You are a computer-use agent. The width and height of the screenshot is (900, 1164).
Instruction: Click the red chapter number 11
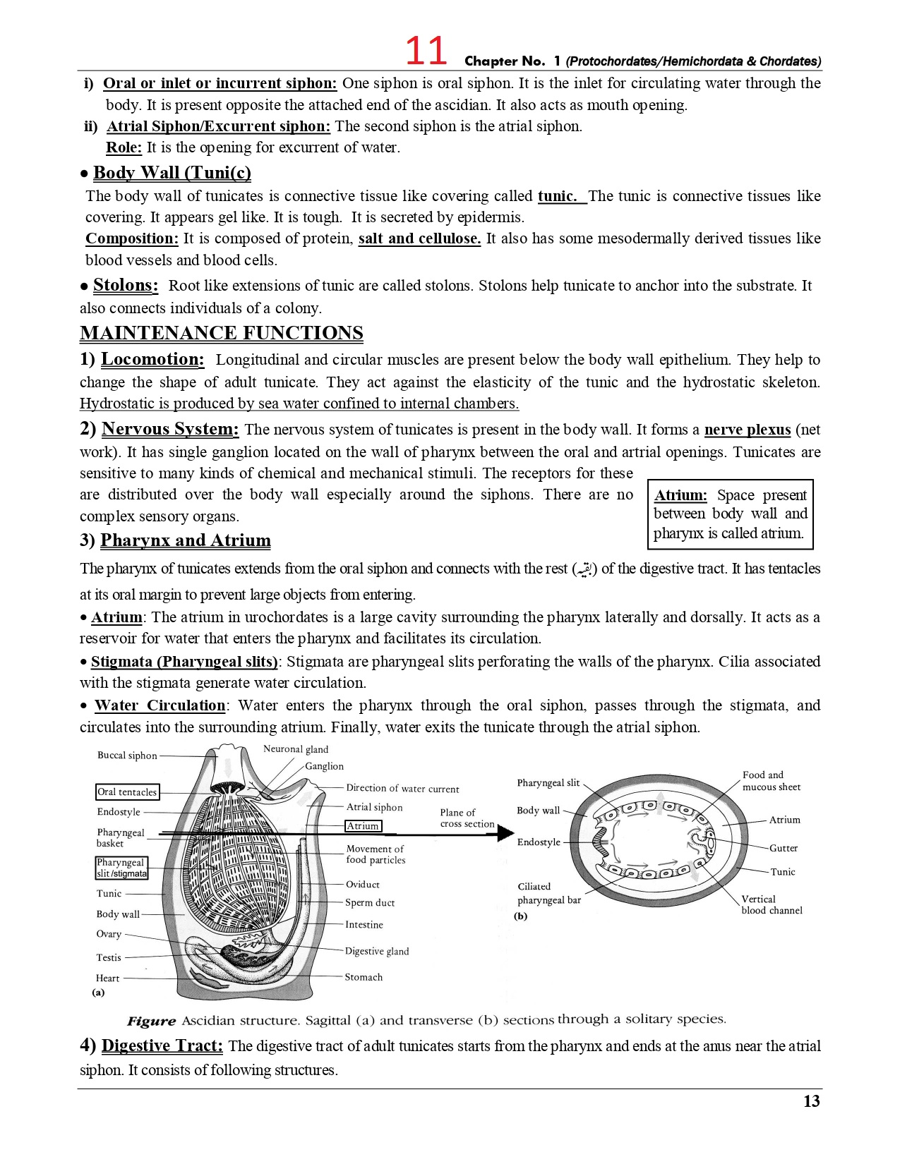[x=426, y=51]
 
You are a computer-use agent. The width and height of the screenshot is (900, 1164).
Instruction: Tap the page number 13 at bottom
[x=811, y=1101]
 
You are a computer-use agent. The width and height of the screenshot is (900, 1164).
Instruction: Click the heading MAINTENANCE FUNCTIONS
[x=221, y=333]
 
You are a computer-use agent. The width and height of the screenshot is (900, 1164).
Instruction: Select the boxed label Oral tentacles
[x=127, y=792]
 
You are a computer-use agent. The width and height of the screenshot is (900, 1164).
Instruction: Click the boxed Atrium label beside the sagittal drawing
[x=363, y=826]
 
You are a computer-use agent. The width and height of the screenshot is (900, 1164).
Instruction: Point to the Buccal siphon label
[x=127, y=756]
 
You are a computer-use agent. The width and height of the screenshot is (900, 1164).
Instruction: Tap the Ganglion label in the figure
[x=324, y=766]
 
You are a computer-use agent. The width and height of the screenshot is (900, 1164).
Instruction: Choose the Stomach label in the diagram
[x=364, y=977]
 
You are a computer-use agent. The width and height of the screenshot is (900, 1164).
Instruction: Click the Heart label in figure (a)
[x=107, y=978]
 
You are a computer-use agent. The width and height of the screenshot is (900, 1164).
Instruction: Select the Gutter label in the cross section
[x=783, y=848]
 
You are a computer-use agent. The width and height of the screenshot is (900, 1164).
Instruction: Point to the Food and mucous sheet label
[x=771, y=781]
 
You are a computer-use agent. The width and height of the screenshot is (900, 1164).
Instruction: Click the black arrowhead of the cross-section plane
[x=505, y=833]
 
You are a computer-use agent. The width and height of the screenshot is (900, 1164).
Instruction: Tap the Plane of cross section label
[x=467, y=818]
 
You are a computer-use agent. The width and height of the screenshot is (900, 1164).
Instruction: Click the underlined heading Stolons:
[x=125, y=285]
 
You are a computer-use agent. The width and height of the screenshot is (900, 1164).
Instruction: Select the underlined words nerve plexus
[x=747, y=430]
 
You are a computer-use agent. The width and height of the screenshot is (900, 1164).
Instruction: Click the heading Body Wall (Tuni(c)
[x=172, y=173]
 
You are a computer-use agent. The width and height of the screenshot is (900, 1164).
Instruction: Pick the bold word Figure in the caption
[x=151, y=1021]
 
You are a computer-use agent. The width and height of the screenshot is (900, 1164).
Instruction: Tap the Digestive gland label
[x=376, y=951]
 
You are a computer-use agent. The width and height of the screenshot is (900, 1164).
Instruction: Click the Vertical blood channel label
[x=771, y=904]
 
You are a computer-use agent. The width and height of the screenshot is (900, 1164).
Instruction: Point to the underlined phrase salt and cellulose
[x=419, y=238]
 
